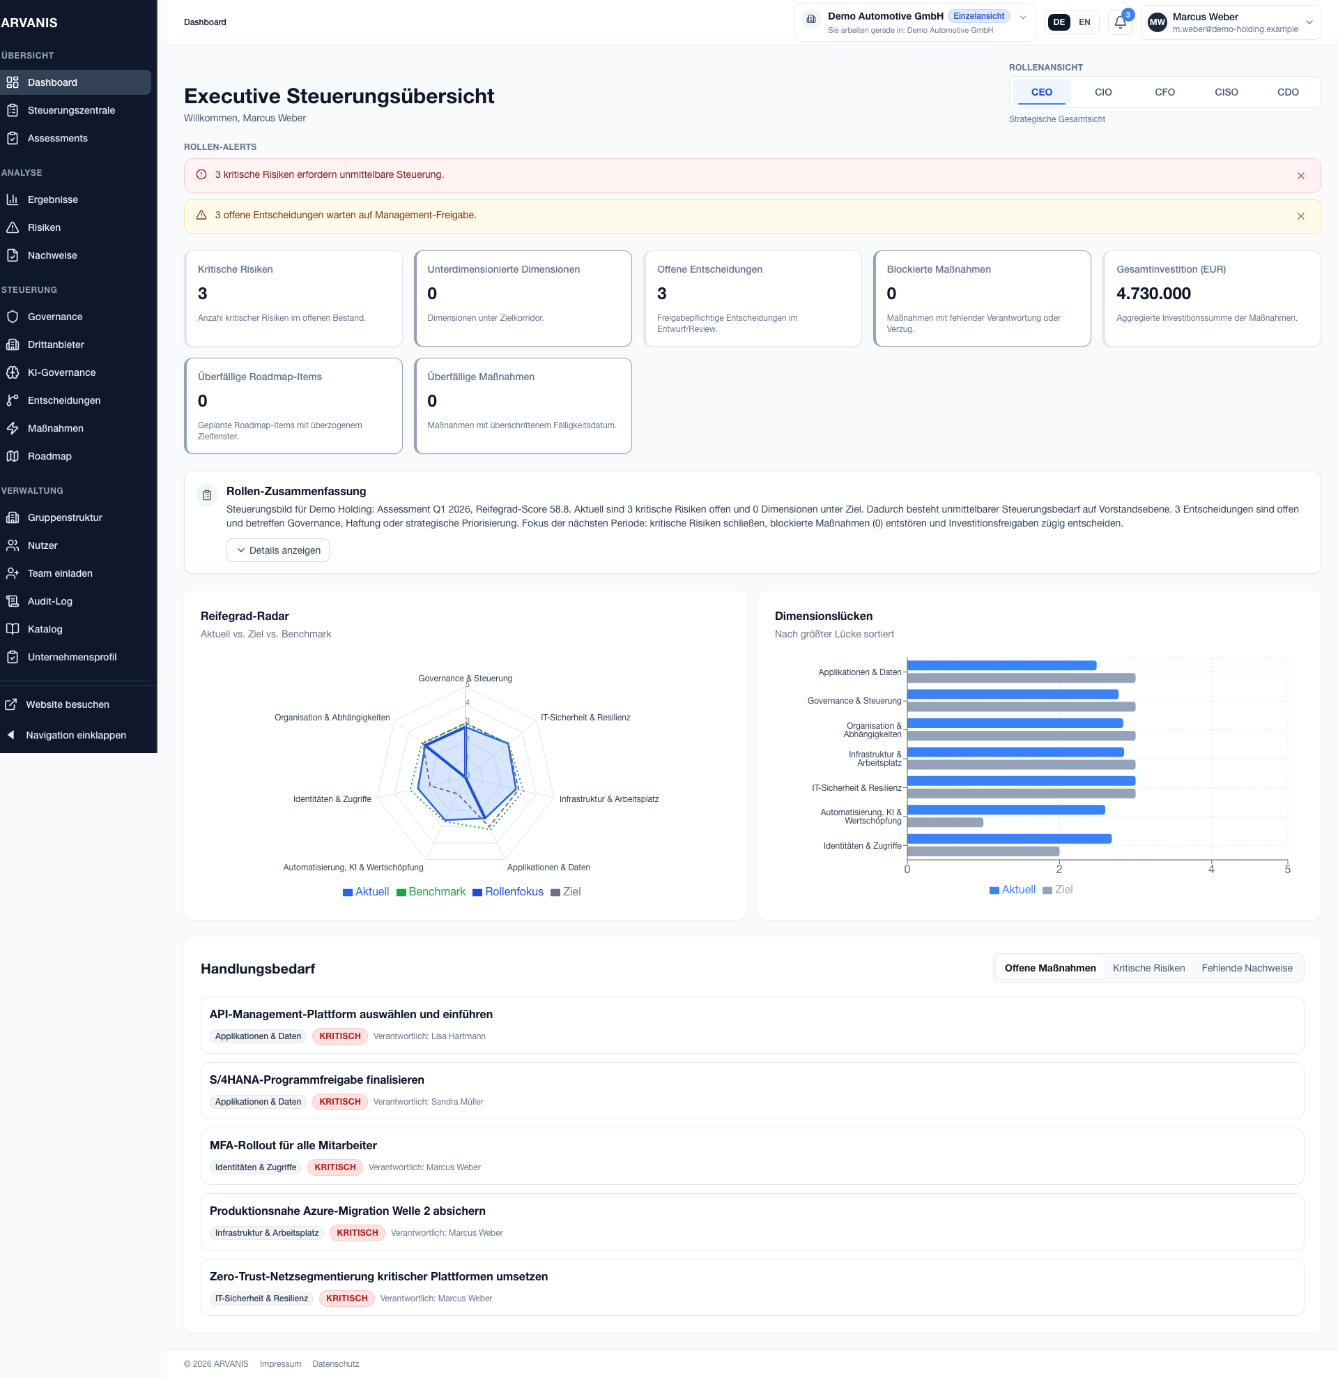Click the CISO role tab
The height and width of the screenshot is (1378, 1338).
(x=1226, y=92)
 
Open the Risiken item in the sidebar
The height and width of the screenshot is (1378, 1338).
(x=44, y=227)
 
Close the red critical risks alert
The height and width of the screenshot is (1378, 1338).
(x=1300, y=176)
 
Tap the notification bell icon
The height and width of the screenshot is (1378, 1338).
(x=1120, y=22)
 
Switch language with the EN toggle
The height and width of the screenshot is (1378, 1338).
(x=1084, y=22)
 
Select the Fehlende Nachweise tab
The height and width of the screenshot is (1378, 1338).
(x=1246, y=968)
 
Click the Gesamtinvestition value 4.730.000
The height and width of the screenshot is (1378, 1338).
(x=1153, y=293)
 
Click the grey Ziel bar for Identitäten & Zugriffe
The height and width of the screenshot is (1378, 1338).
(x=983, y=851)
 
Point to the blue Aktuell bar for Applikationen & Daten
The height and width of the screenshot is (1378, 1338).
(x=1001, y=665)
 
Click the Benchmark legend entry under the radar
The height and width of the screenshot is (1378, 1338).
(x=431, y=891)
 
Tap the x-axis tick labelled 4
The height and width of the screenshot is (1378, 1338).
(x=1210, y=869)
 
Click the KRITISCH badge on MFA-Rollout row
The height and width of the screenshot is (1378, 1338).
(x=334, y=1167)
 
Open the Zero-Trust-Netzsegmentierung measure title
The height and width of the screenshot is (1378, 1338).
(x=378, y=1276)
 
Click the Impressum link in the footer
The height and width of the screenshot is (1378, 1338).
(x=279, y=1364)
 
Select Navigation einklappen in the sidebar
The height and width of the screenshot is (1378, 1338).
(x=75, y=735)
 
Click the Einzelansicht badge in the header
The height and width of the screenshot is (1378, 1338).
(x=978, y=16)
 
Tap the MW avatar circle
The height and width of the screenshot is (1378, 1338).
(x=1157, y=22)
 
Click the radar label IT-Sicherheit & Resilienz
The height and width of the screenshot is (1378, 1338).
(x=585, y=717)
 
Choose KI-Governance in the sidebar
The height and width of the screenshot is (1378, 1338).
(x=61, y=372)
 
